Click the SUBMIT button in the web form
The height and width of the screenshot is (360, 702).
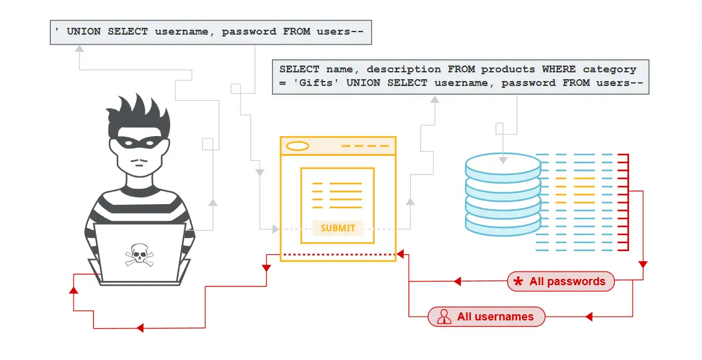point(338,228)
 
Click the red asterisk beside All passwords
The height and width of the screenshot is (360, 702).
point(518,282)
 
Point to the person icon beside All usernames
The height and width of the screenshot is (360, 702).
point(443,317)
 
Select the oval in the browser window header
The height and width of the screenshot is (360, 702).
point(297,146)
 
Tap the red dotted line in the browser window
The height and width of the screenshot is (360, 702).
point(338,254)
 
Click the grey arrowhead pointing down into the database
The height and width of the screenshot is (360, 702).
point(503,160)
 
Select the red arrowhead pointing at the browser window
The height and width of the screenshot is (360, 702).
point(400,254)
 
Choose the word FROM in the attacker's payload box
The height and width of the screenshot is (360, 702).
point(296,31)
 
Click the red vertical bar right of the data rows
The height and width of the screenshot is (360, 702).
point(628,202)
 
